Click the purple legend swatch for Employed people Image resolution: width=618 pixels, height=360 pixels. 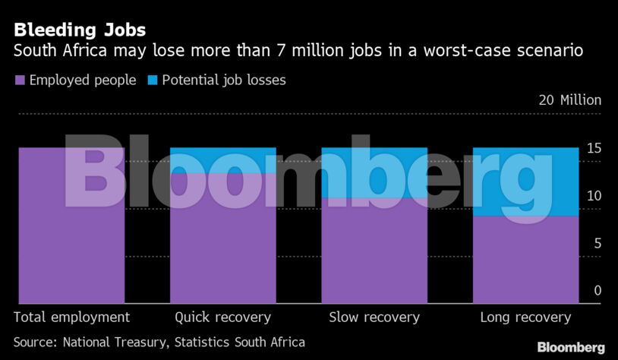coord(20,80)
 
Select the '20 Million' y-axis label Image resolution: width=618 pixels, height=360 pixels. coord(569,100)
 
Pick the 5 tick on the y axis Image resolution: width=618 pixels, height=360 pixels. coord(598,243)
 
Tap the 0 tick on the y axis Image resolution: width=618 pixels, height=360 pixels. coord(598,291)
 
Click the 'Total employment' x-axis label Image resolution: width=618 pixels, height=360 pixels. coord(72,317)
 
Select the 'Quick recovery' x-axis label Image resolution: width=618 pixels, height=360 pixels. coord(222,317)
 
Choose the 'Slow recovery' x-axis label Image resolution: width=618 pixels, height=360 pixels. coord(374,317)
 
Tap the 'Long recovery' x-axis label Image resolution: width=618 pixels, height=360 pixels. coord(525,317)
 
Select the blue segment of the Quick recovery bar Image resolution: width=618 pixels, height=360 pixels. coord(222,160)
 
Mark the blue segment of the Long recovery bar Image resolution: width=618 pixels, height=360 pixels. coord(525,182)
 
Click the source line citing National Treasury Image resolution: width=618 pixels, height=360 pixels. coord(159,342)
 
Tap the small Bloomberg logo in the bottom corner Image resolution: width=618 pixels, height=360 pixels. coord(571,347)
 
